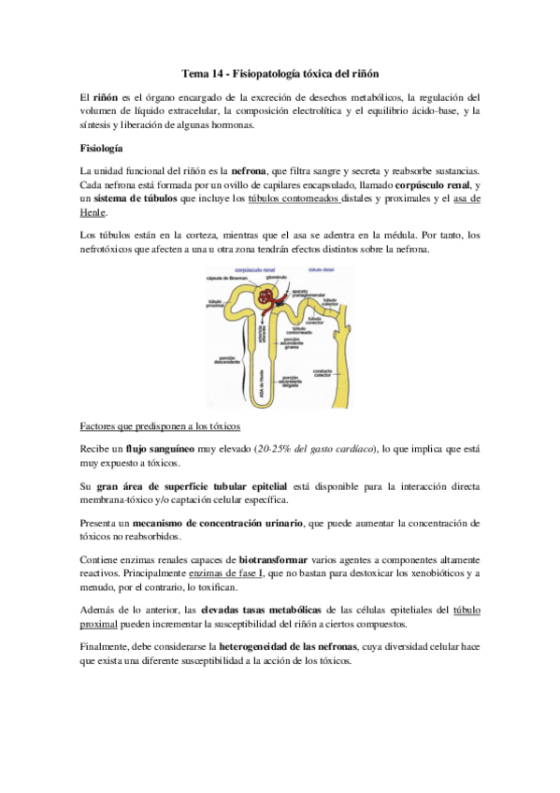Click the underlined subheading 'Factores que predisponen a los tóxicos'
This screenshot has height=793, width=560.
[162, 426]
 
